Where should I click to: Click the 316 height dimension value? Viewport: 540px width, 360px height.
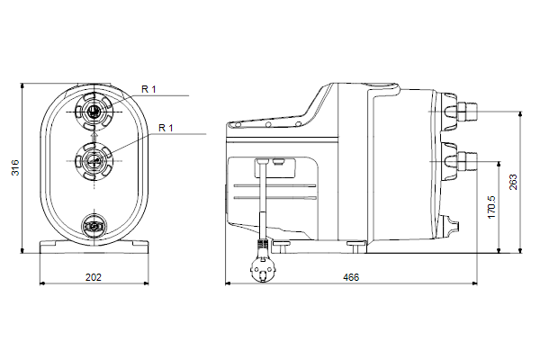[15, 167]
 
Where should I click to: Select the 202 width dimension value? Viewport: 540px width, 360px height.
[94, 277]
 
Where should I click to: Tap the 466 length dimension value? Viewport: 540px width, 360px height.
[351, 277]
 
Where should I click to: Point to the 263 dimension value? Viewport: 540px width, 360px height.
[513, 182]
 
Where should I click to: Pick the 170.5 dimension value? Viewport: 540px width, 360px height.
[491, 207]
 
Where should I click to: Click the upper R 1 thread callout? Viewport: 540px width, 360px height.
[148, 89]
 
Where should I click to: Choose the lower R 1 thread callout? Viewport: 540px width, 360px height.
[166, 128]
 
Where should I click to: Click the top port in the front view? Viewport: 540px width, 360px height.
[94, 112]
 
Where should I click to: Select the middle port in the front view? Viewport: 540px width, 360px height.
[94, 161]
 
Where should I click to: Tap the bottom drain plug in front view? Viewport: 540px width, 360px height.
[94, 226]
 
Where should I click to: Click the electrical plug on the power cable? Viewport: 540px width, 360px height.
[263, 270]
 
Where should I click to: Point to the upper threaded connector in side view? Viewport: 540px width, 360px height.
[467, 112]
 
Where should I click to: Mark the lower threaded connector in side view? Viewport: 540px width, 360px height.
[467, 161]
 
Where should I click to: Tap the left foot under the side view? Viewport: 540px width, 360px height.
[282, 247]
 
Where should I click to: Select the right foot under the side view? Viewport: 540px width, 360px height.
[356, 247]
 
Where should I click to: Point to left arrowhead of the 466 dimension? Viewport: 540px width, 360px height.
[228, 283]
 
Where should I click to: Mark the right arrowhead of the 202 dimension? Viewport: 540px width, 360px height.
[146, 283]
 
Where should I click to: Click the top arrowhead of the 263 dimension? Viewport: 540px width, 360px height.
[520, 114]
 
